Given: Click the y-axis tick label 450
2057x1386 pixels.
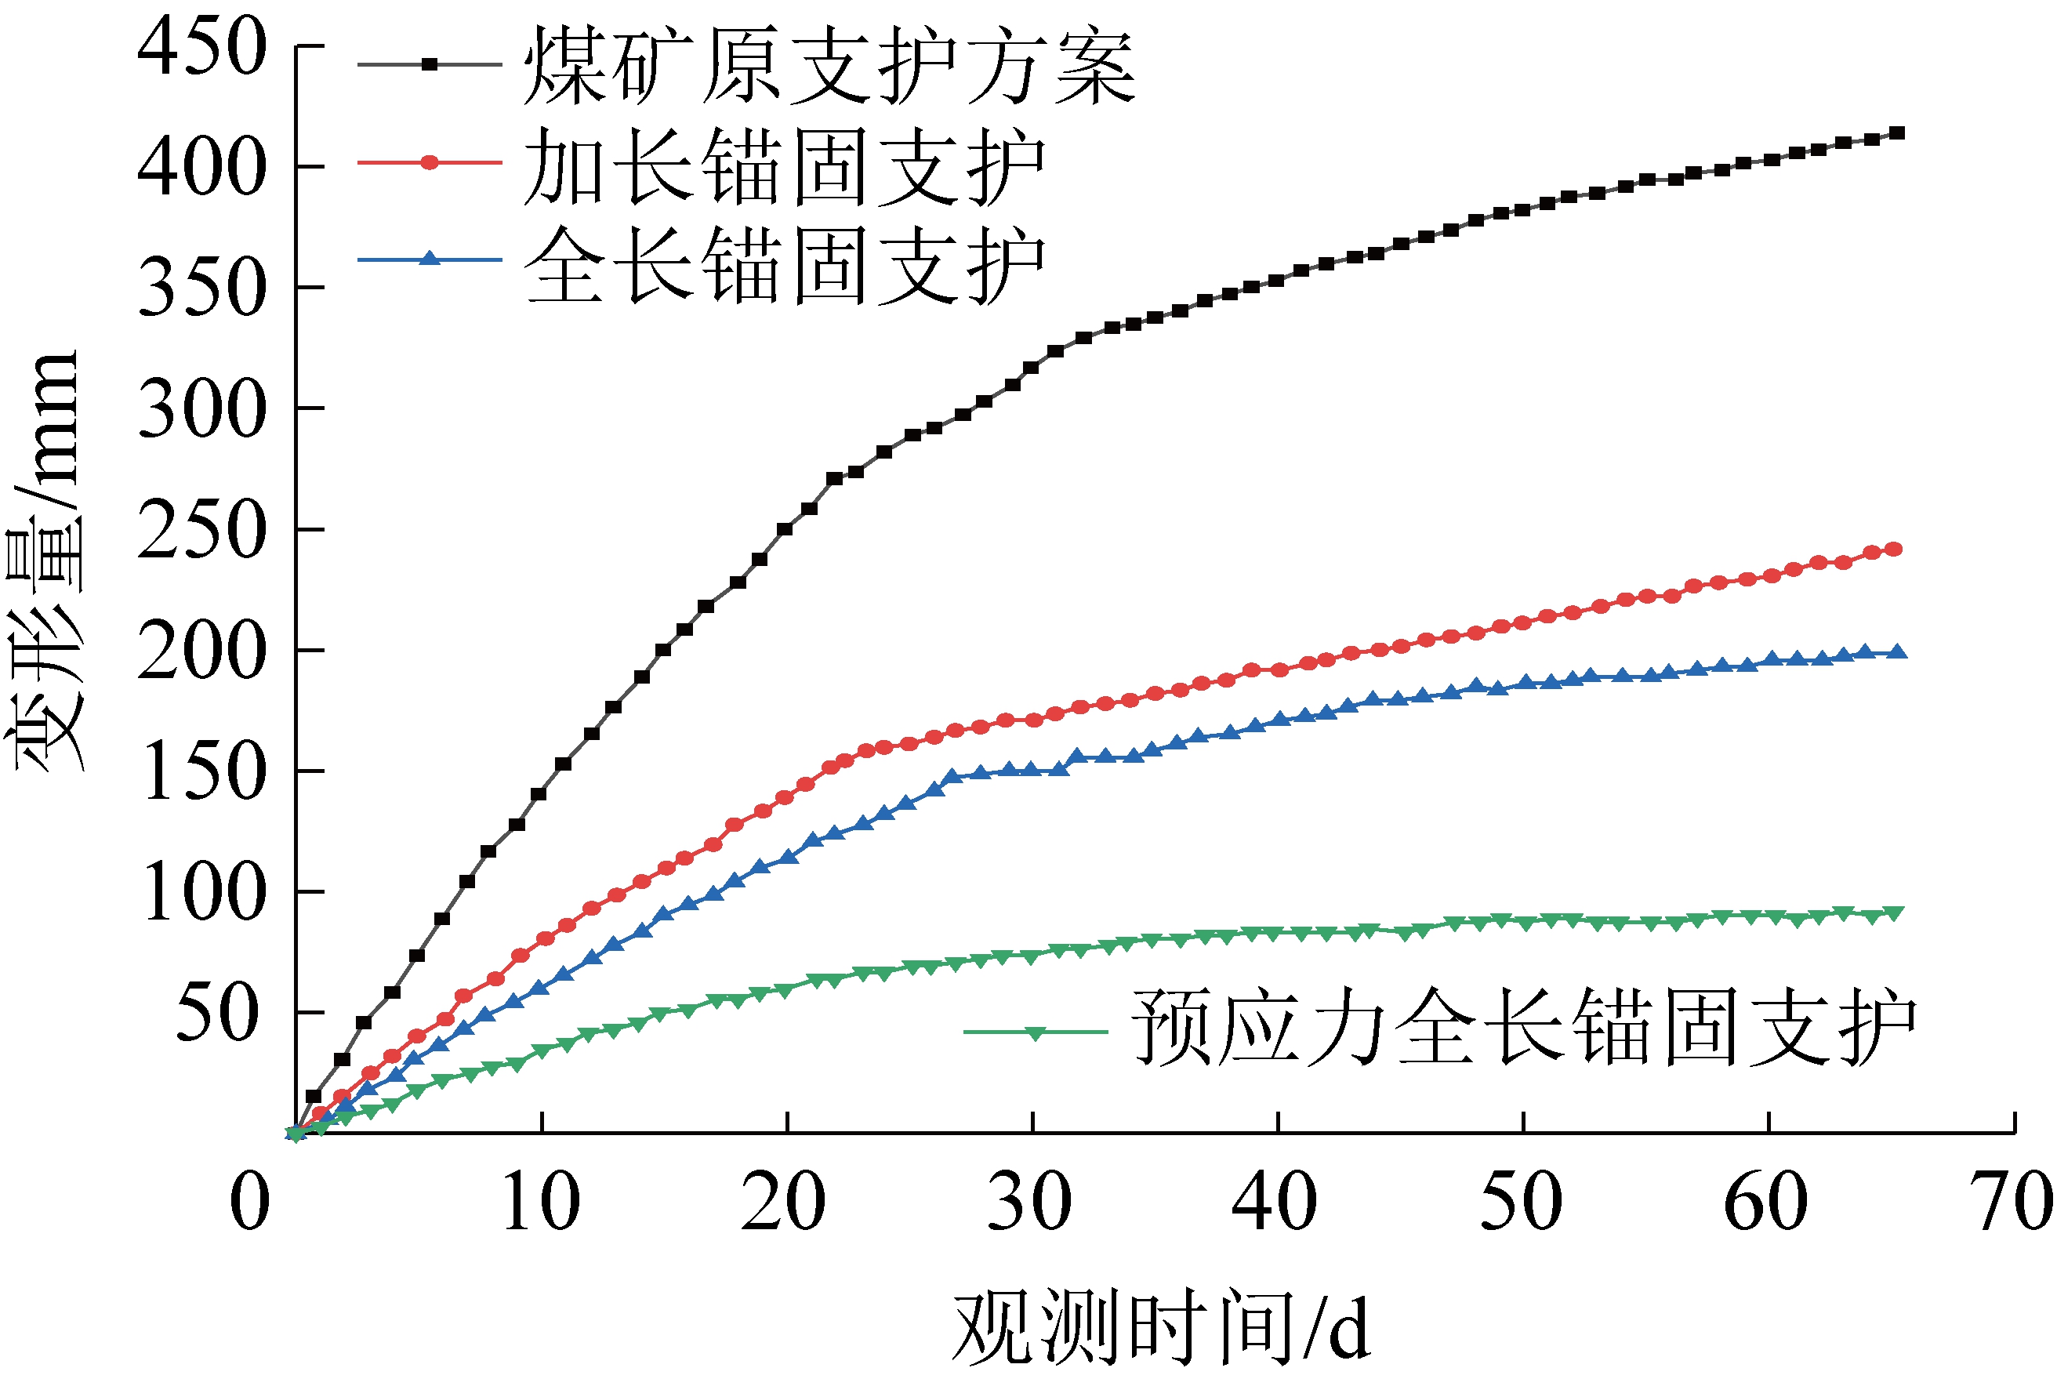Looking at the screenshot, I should click(x=201, y=48).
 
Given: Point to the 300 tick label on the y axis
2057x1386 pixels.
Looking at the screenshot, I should click(x=201, y=410).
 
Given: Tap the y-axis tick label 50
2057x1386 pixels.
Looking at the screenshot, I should click(x=217, y=1014).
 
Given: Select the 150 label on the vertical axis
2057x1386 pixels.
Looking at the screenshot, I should click(x=201, y=772).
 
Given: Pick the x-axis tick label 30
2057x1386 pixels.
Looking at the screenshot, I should click(x=1029, y=1202).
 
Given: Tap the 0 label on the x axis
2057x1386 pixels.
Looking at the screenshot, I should click(x=249, y=1202).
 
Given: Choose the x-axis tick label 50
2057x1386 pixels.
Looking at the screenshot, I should click(x=1521, y=1202).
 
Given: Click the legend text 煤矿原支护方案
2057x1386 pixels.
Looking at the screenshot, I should click(x=829, y=67).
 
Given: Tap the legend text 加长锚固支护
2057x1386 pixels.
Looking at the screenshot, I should click(x=783, y=165).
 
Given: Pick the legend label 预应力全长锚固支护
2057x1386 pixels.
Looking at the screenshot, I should click(x=1523, y=1027).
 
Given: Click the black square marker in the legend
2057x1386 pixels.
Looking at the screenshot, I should click(x=430, y=64).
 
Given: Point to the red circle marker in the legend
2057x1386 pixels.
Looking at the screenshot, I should click(x=430, y=162).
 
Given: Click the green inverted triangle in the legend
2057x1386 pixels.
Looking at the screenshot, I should click(x=1035, y=1033).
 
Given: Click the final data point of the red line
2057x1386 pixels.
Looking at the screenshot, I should click(x=1893, y=550).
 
